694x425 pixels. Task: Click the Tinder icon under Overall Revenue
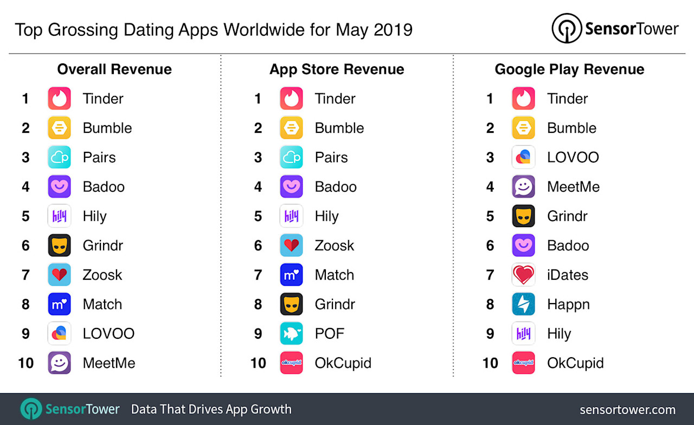(59, 99)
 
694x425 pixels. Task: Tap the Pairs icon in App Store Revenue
(291, 157)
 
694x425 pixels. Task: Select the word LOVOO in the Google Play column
(573, 157)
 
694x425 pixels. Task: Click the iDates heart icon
(523, 275)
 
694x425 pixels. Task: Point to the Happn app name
(568, 304)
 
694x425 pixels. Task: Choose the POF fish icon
(291, 333)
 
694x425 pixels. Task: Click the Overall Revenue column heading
(114, 69)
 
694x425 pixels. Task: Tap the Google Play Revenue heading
(569, 69)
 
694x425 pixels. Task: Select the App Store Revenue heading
(337, 69)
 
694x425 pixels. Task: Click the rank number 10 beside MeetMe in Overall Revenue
(26, 363)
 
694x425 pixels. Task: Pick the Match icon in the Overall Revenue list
(59, 304)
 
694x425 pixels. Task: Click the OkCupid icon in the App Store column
(291, 363)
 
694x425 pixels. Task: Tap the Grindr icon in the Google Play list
(523, 216)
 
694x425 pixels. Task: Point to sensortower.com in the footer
(627, 410)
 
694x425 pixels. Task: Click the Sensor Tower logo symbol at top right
(567, 28)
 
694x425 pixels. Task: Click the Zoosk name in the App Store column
(334, 246)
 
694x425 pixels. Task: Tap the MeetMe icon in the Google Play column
(523, 186)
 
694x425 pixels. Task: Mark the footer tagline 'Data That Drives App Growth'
(211, 409)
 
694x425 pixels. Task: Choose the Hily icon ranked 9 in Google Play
(523, 333)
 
